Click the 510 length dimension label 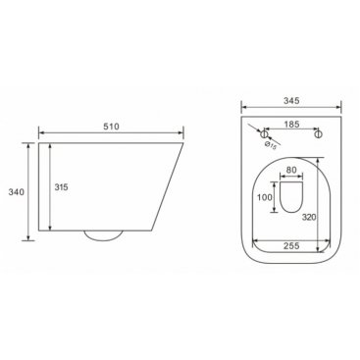(x=111, y=127)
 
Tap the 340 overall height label (x=16, y=192)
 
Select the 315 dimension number (x=61, y=187)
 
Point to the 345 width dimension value (x=291, y=101)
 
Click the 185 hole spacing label (x=291, y=125)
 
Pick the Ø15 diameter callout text (x=271, y=146)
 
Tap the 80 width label (x=291, y=170)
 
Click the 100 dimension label (x=265, y=197)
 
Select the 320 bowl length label (x=309, y=217)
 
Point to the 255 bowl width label (x=291, y=245)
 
